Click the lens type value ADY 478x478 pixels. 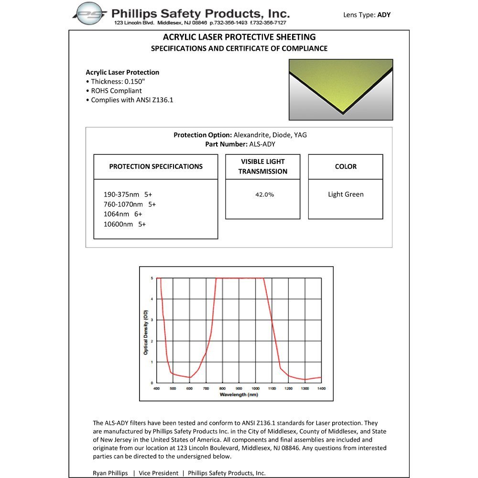[384, 15]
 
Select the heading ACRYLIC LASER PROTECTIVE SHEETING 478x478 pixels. [239, 37]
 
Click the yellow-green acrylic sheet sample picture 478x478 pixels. [341, 89]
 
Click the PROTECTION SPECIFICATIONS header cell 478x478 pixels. [156, 166]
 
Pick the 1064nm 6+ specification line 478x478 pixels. [123, 214]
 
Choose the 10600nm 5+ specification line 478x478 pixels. [125, 224]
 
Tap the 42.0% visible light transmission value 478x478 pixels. [262, 195]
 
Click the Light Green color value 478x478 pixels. [346, 194]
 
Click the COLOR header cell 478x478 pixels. [346, 166]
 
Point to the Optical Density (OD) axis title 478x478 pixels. [146, 332]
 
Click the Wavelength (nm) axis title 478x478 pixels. [239, 395]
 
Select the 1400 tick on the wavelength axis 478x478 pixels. [321, 389]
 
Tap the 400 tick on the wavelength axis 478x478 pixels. [156, 389]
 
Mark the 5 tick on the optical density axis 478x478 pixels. [152, 278]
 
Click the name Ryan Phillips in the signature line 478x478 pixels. [110, 473]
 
